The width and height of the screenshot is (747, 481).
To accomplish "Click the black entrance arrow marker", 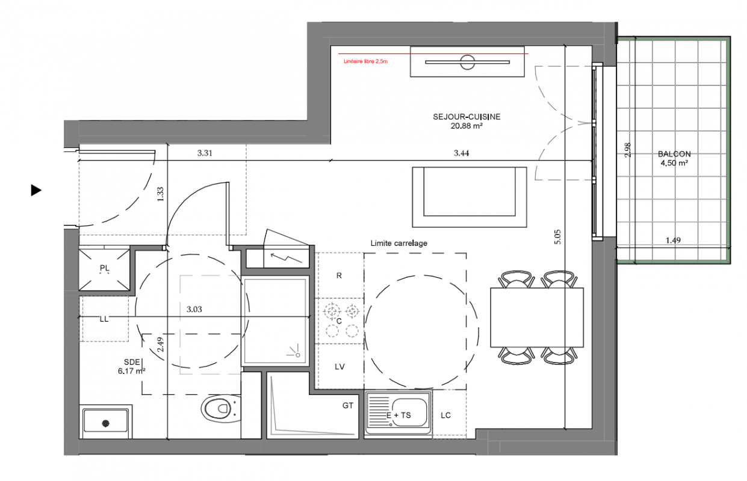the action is click(36, 190).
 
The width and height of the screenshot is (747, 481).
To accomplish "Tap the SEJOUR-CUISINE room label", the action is click(466, 117).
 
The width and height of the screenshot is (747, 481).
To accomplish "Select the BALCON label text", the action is click(674, 154).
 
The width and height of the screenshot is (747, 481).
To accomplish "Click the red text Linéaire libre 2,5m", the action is click(365, 61).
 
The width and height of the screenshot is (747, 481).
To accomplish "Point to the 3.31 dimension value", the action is click(205, 153).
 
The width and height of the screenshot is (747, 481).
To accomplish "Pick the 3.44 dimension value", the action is click(461, 153).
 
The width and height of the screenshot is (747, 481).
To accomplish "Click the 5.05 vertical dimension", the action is click(557, 237).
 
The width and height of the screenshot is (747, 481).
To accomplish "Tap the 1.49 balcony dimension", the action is click(673, 240).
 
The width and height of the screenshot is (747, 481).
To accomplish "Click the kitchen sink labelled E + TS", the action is click(398, 412).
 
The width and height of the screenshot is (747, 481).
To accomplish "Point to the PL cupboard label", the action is click(104, 268).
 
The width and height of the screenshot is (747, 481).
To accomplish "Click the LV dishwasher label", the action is click(339, 367).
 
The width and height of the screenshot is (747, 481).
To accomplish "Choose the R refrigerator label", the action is click(339, 275).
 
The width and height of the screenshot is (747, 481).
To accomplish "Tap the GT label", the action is click(347, 405).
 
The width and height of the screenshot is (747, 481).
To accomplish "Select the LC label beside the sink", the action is click(445, 415).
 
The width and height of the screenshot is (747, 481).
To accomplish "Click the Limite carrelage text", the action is click(399, 243).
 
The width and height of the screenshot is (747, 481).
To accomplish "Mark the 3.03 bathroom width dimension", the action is click(194, 309).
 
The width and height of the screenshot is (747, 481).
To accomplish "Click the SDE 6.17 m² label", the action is click(131, 366).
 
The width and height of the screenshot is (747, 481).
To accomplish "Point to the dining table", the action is click(537, 317).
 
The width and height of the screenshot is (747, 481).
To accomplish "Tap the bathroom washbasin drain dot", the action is click(106, 423).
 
